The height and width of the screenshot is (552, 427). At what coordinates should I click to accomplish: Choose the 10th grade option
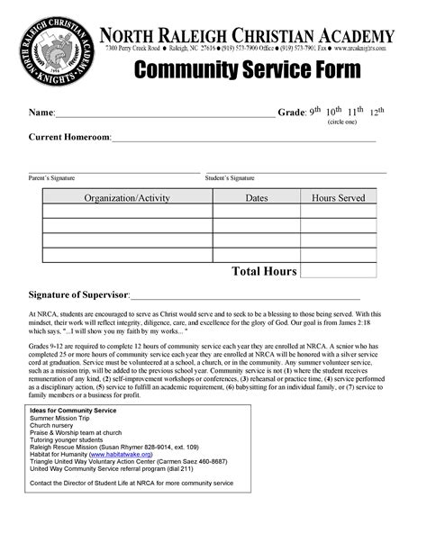coord(334,113)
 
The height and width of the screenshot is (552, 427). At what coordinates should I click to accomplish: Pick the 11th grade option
coord(358,113)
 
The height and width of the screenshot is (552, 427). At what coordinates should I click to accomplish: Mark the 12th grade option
coord(377,113)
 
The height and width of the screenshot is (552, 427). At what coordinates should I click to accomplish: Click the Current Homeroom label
coord(69,137)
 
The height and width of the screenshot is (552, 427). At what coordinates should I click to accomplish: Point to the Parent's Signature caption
coord(51,178)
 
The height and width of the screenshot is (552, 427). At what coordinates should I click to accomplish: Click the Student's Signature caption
coord(230,178)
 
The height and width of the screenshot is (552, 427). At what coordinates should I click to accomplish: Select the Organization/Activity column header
coord(127,197)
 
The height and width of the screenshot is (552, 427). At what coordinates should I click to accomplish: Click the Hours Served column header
coord(338,197)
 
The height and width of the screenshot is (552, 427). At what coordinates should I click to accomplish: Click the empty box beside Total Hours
coord(338,270)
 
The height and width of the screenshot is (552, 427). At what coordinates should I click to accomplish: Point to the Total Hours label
coord(264,271)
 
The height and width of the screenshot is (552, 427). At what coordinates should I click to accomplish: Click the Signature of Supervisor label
coord(79,294)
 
